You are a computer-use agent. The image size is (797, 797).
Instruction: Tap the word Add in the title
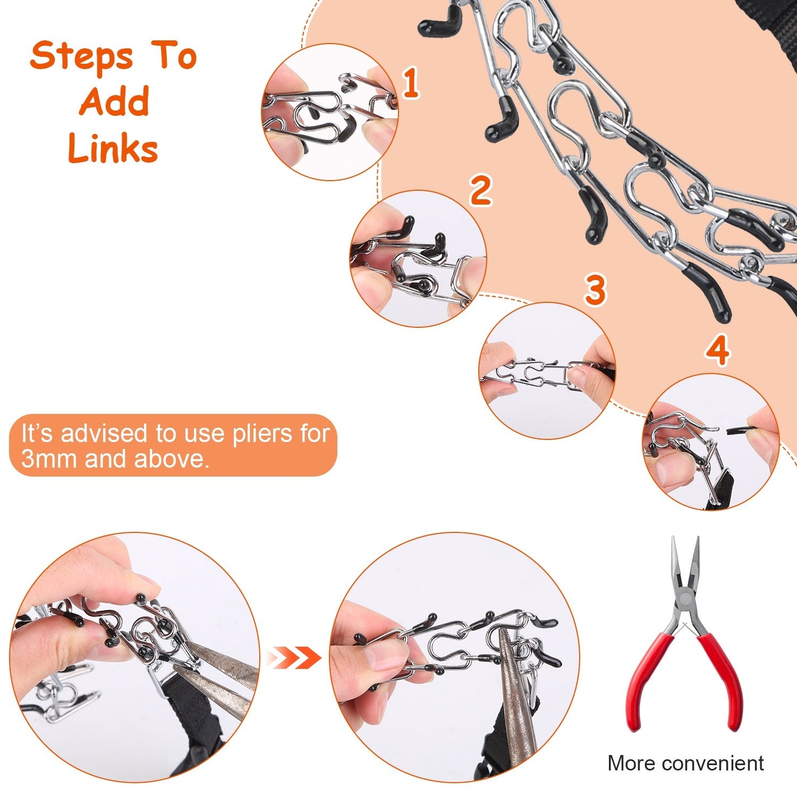[114, 101]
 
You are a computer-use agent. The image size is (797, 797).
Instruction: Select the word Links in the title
[113, 148]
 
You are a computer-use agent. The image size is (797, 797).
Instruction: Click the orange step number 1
[410, 83]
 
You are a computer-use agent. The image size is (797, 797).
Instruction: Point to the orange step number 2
[480, 190]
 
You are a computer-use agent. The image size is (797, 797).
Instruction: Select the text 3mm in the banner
[50, 459]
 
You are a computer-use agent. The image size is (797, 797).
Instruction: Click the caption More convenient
[685, 763]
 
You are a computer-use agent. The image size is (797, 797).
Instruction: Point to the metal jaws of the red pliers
[684, 568]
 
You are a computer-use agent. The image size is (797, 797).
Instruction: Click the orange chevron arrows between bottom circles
[293, 657]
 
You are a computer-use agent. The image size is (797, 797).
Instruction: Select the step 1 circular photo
[329, 113]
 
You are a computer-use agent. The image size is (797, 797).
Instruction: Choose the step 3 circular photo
[547, 371]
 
